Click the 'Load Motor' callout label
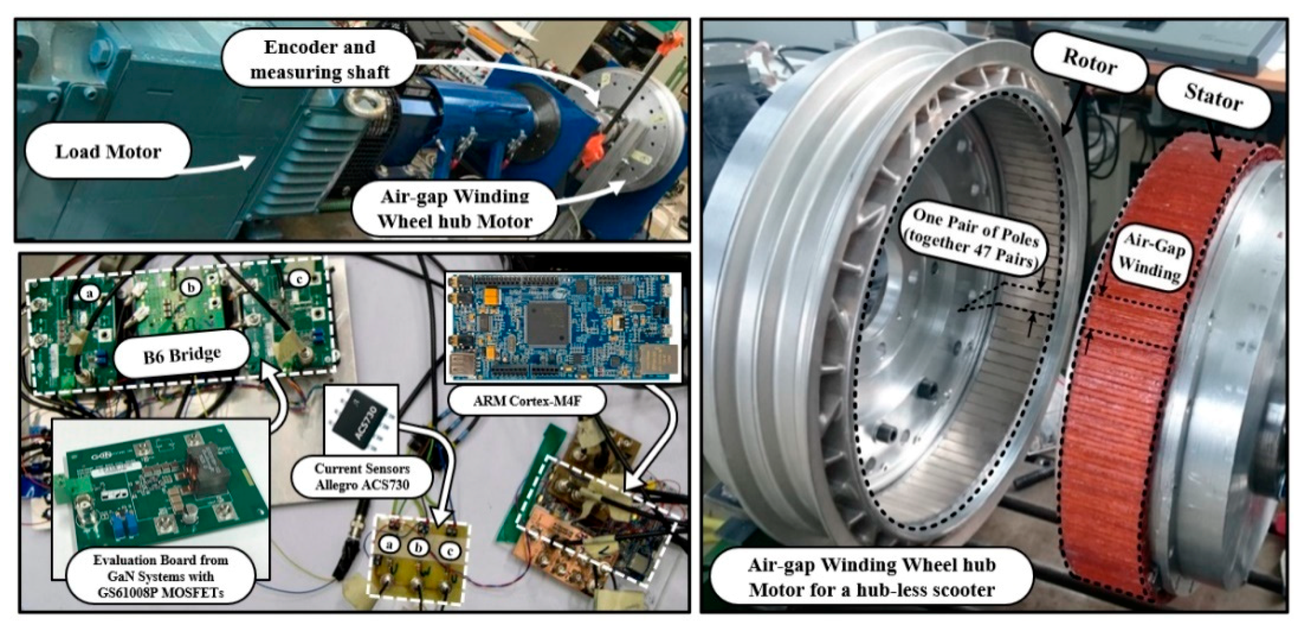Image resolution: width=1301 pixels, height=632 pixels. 108,151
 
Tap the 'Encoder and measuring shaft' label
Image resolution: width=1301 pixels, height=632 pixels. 320,60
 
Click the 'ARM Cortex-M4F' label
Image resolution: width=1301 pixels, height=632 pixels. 527,401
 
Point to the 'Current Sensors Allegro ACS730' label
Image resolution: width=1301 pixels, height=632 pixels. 362,477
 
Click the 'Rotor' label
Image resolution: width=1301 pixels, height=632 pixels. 1090,63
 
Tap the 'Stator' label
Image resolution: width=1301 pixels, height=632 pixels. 1213,97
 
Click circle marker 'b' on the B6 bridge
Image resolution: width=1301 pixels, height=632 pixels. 191,287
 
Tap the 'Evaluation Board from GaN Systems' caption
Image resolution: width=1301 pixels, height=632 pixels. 161,576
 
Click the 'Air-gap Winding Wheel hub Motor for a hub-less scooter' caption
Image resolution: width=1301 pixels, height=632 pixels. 871,577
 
